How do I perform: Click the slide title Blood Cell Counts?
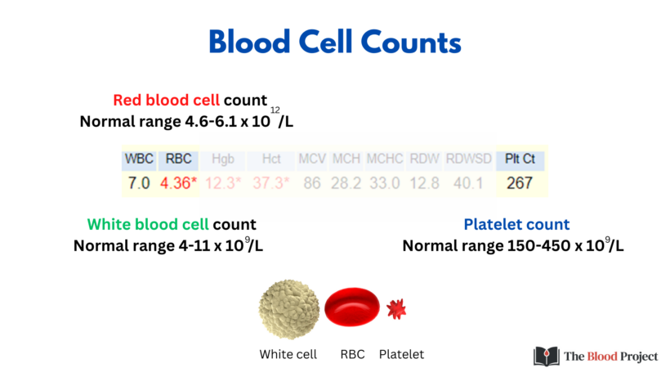pyautogui.click(x=335, y=42)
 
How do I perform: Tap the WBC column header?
pyautogui.click(x=139, y=159)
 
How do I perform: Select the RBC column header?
pyautogui.click(x=178, y=159)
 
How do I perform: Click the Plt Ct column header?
pyautogui.click(x=520, y=159)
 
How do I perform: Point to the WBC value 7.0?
pyautogui.click(x=139, y=183)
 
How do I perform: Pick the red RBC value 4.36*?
pyautogui.click(x=179, y=183)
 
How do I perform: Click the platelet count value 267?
pyautogui.click(x=520, y=183)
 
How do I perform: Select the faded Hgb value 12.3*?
pyautogui.click(x=223, y=183)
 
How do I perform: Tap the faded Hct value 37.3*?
pyautogui.click(x=270, y=183)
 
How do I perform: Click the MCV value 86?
pyautogui.click(x=311, y=183)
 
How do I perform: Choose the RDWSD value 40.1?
pyautogui.click(x=467, y=183)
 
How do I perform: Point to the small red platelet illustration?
pyautogui.click(x=395, y=308)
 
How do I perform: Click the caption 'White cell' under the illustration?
pyautogui.click(x=288, y=354)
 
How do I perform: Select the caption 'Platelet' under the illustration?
pyautogui.click(x=401, y=354)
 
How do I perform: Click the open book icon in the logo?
pyautogui.click(x=547, y=356)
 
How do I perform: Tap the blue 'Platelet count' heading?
pyautogui.click(x=516, y=224)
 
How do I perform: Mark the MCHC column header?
pyautogui.click(x=385, y=159)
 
